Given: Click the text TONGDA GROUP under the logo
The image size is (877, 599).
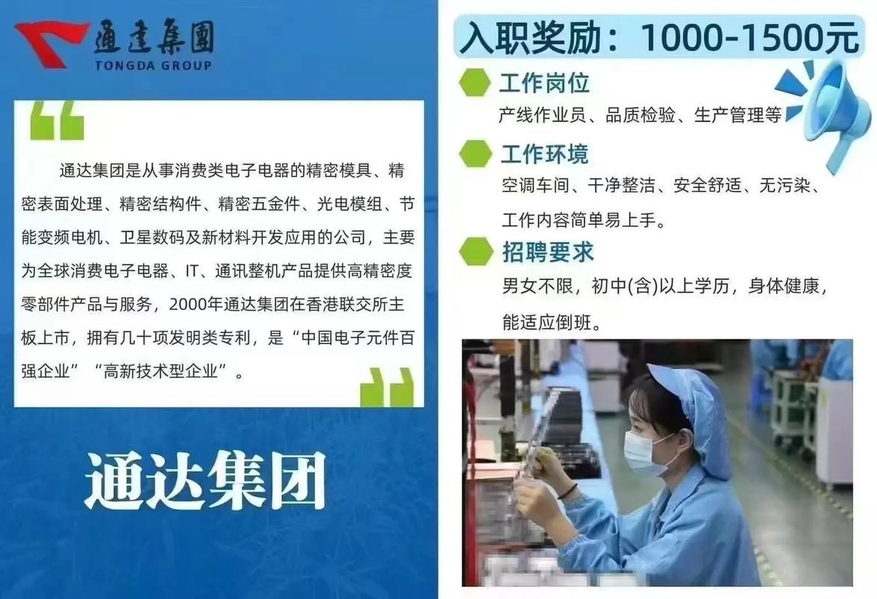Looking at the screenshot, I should tap(153, 65).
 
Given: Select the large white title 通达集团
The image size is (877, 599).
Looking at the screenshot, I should tap(205, 480).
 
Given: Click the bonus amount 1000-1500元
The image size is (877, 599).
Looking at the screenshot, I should tap(749, 37).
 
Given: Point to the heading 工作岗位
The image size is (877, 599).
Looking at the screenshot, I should tap(544, 82).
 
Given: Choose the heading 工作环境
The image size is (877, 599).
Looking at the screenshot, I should tap(544, 154).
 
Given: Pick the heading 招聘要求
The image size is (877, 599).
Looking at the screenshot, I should tap(547, 252).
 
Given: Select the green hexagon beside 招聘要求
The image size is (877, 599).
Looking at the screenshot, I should tap(475, 252).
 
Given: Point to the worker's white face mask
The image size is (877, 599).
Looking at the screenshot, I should tap(645, 454).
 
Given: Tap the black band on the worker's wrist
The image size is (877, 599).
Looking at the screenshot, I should tap(568, 491).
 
